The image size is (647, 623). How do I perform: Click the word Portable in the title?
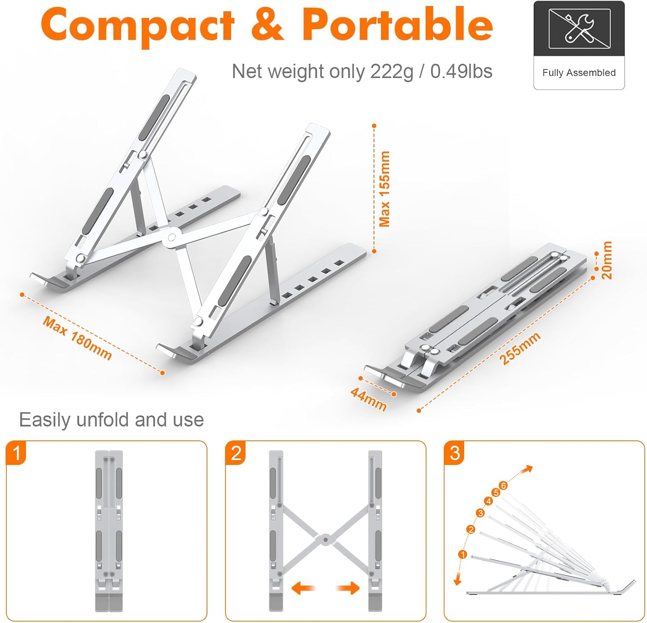tap(397, 25)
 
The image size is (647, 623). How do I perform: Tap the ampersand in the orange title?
tap(267, 25)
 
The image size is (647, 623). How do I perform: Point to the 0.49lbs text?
tap(461, 72)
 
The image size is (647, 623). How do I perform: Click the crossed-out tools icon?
tap(579, 29)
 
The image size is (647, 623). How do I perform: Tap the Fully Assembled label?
tap(579, 73)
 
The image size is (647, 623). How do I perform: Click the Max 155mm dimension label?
tap(384, 189)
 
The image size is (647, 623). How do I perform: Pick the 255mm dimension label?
tap(520, 349)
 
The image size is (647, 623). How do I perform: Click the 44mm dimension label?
tap(368, 399)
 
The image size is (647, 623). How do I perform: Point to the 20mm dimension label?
tap(607, 260)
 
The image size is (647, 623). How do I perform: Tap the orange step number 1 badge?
tap(16, 453)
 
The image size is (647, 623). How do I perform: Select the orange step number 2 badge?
tap(236, 453)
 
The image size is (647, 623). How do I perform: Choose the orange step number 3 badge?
tap(455, 453)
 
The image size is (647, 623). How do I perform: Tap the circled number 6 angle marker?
tap(503, 486)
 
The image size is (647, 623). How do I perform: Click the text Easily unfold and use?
tap(111, 420)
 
